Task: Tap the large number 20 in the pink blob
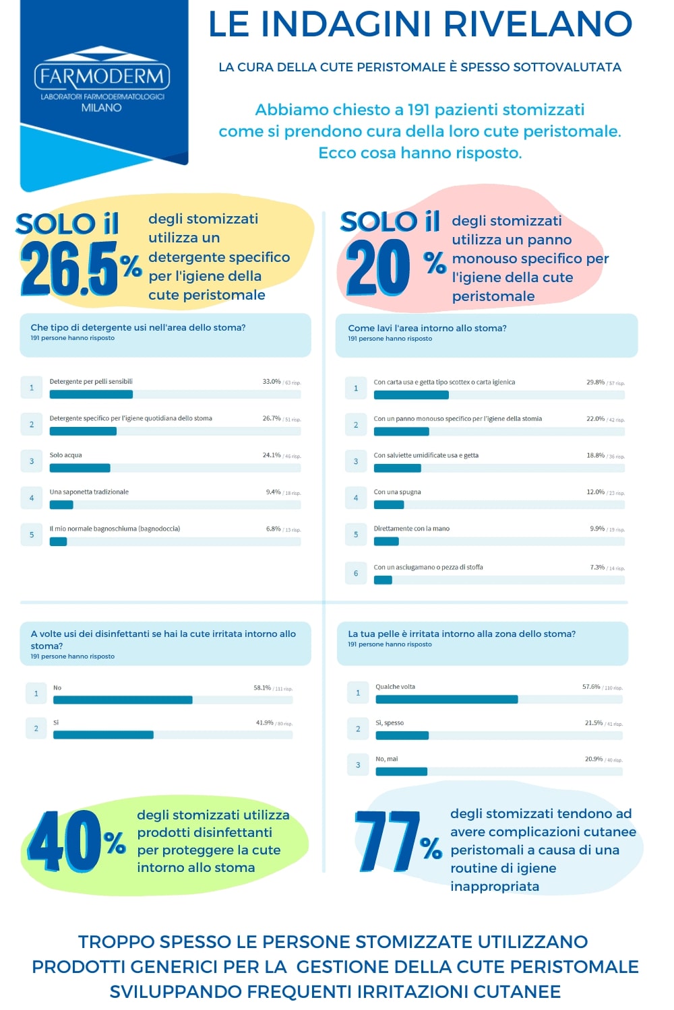tap(378, 268)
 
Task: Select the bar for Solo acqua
tap(80, 468)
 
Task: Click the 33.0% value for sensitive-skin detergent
tap(272, 382)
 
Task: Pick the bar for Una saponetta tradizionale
tap(61, 505)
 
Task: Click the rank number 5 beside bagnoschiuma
tap(32, 535)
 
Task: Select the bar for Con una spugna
tap(389, 505)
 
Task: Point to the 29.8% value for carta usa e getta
tap(595, 382)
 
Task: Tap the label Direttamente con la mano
tap(412, 529)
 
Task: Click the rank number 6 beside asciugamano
tap(356, 573)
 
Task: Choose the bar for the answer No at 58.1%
tap(123, 700)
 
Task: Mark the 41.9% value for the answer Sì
tap(265, 723)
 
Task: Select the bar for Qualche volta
tap(446, 700)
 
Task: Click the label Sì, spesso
tap(390, 723)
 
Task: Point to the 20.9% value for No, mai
tap(594, 760)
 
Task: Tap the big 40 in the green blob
tap(65, 842)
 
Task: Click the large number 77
tap(388, 842)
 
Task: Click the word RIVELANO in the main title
tap(538, 24)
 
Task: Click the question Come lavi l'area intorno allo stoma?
tap(427, 329)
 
